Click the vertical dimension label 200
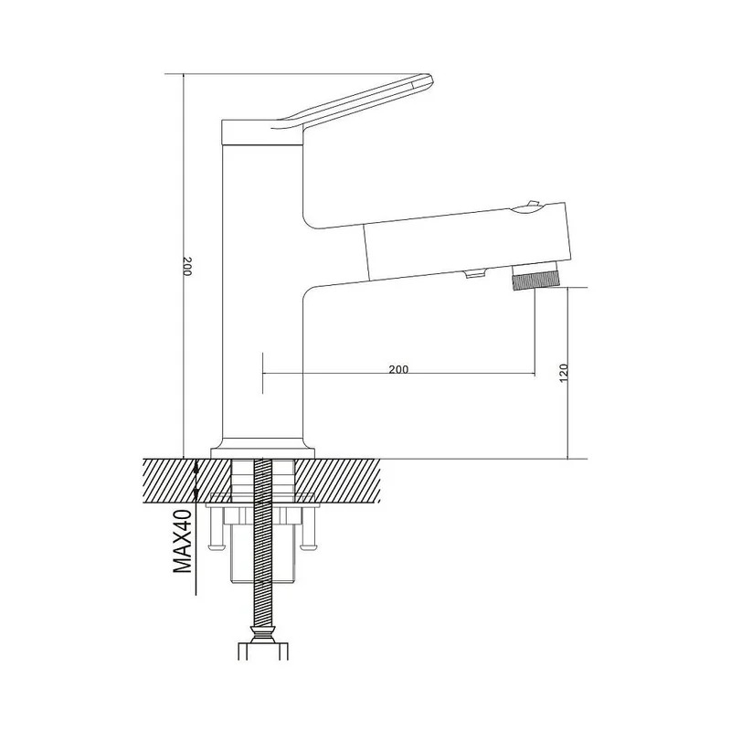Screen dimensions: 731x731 (187, 266)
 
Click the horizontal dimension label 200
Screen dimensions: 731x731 (398, 369)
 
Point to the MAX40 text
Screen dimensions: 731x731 (182, 541)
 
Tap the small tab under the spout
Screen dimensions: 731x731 (475, 274)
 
